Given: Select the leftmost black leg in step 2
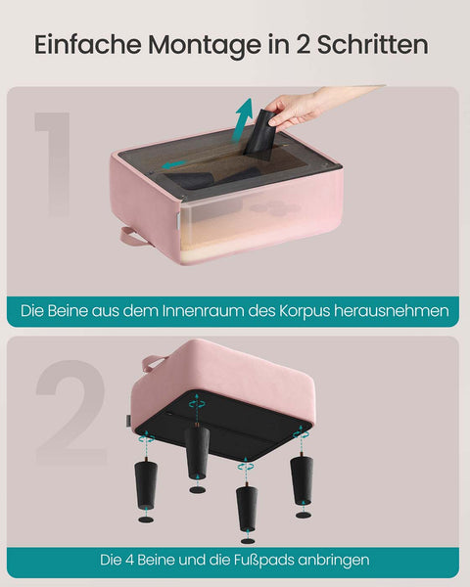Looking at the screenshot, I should (x=147, y=482).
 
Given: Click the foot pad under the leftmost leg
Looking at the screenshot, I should (x=146, y=519).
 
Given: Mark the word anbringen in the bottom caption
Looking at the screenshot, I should (x=335, y=561).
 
